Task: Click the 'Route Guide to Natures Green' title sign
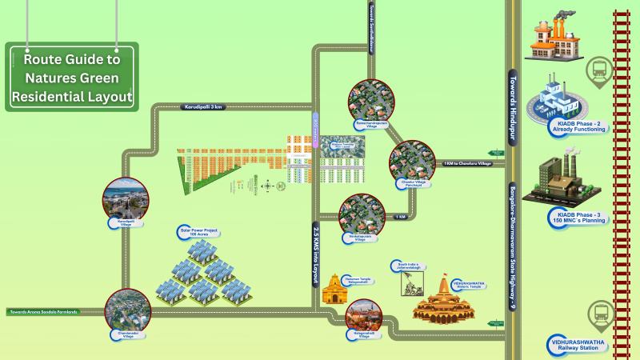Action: tap(72, 78)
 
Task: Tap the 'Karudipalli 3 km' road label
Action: tap(202, 106)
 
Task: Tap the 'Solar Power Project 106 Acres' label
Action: tap(199, 232)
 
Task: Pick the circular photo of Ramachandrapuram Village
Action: tap(370, 102)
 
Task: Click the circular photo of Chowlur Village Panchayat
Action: tap(412, 161)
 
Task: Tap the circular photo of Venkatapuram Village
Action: tap(362, 214)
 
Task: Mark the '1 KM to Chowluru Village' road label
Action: tap(470, 164)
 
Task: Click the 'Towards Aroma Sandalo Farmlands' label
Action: tap(44, 311)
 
